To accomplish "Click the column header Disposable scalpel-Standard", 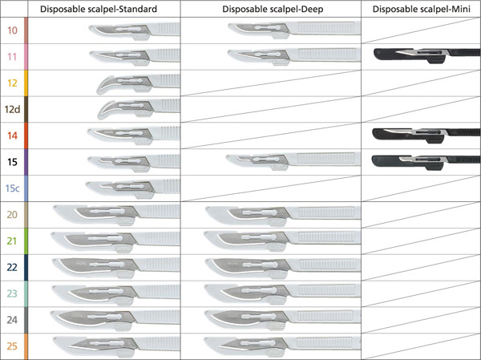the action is pyautogui.click(x=99, y=9).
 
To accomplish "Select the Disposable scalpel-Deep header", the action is pyautogui.click(x=273, y=9).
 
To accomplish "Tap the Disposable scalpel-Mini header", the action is pyautogui.click(x=421, y=9).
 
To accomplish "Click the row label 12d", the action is pyautogui.click(x=12, y=109).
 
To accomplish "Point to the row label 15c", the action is pyautogui.click(x=12, y=188).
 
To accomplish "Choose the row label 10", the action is pyautogui.click(x=12, y=30).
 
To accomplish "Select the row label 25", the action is pyautogui.click(x=12, y=346).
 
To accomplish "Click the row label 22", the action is pyautogui.click(x=12, y=267).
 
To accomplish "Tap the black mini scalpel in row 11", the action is pyautogui.click(x=427, y=55).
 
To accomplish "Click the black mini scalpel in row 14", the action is pyautogui.click(x=426, y=135).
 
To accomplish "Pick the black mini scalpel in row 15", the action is pyautogui.click(x=426, y=161).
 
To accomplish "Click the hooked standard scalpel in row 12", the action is pyautogui.click(x=138, y=83).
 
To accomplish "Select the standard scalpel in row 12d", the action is pyautogui.click(x=139, y=109).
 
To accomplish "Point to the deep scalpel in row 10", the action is pyautogui.click(x=294, y=30).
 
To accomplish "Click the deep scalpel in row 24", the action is pyautogui.click(x=282, y=319).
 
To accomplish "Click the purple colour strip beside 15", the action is pyautogui.click(x=26, y=162).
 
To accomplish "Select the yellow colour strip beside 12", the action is pyautogui.click(x=26, y=83).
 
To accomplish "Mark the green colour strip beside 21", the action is pyautogui.click(x=26, y=241).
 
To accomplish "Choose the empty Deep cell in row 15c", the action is pyautogui.click(x=271, y=188).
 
